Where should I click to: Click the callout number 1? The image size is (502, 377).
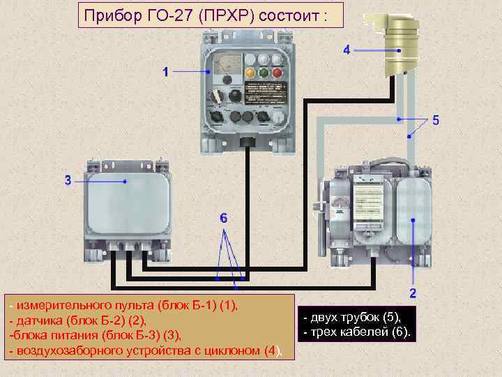click(165, 71)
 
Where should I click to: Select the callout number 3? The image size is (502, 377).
click(68, 180)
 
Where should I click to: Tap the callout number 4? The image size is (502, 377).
click(347, 50)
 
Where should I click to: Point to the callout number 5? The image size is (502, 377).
click(435, 120)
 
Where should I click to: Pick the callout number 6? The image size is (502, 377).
click(222, 219)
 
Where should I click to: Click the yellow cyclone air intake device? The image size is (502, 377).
click(400, 41)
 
